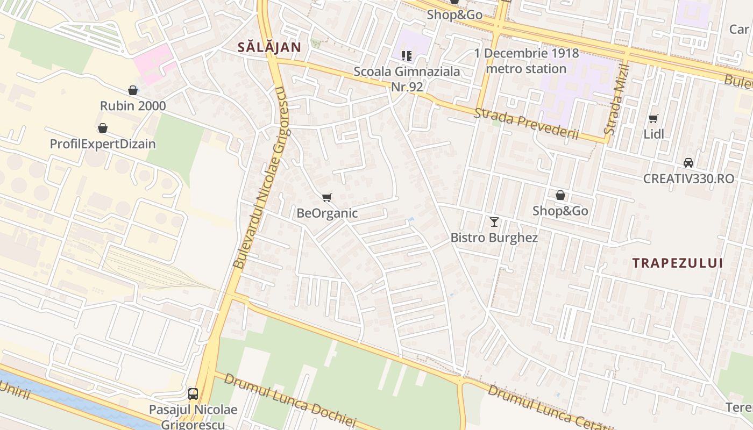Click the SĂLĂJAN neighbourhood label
269,47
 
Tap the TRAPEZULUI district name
677,263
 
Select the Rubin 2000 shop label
133,105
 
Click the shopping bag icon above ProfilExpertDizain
103,128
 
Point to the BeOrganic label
327,213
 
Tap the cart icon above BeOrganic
327,197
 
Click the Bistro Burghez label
494,237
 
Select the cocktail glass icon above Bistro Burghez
494,221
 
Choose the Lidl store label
653,134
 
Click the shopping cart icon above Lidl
653,118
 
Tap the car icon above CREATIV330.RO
688,162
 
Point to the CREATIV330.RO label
688,178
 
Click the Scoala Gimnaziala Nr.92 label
407,78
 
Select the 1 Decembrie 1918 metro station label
527,61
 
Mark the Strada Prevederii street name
526,124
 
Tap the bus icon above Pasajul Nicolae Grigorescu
193,394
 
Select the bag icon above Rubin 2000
133,90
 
